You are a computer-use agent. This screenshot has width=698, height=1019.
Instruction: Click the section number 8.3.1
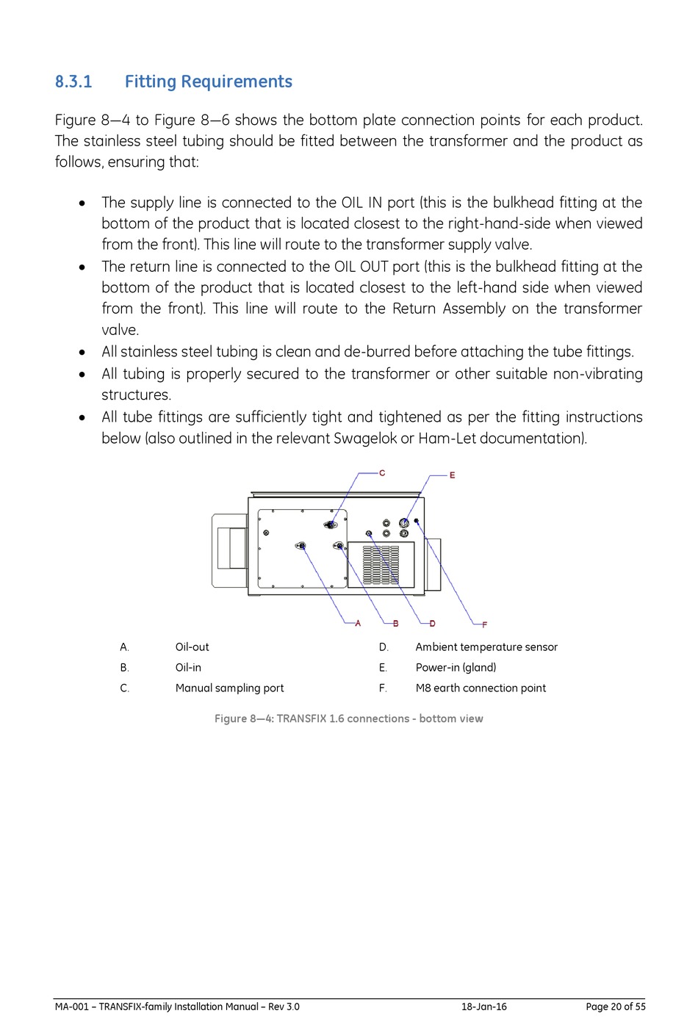[x=73, y=82]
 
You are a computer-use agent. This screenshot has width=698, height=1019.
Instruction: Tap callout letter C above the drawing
[x=382, y=473]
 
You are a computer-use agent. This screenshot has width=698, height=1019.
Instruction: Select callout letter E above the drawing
[x=453, y=475]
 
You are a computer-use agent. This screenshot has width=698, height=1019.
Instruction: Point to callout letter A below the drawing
[x=358, y=624]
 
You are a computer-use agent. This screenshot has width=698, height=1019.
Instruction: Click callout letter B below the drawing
[x=395, y=624]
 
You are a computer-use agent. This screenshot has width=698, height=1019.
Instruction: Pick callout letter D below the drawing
[x=432, y=624]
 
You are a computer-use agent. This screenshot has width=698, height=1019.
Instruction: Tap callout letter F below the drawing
[x=484, y=624]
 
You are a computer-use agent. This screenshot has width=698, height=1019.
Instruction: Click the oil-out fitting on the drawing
[x=301, y=546]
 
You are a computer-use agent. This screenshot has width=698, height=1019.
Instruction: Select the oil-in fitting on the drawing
[x=339, y=546]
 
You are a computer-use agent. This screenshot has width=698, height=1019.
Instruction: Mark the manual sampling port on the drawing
[x=331, y=525]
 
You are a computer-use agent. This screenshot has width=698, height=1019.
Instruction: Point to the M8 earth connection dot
[x=417, y=521]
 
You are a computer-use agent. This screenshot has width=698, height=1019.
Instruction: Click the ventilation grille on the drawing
[x=381, y=564]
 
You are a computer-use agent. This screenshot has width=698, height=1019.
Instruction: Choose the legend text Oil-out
[x=192, y=647]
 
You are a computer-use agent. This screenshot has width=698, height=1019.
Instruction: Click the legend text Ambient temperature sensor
[x=486, y=647]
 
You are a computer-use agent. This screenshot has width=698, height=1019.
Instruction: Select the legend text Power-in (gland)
[x=456, y=668]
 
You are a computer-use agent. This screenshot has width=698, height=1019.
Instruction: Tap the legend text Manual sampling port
[x=229, y=688]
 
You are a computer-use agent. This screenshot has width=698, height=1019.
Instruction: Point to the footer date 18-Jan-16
[x=483, y=1007]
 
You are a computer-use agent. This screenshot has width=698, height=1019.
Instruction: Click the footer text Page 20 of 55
[x=615, y=1007]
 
